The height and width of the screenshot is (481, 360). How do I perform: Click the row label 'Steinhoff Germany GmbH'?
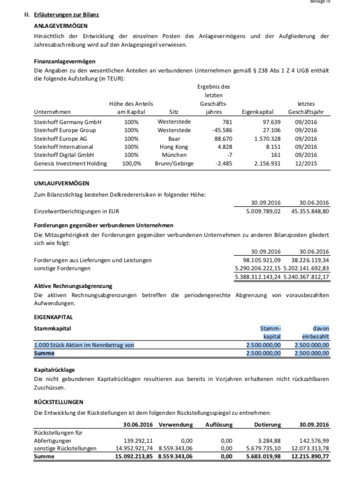click(x=68, y=123)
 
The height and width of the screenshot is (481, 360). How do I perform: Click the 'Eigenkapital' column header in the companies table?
click(x=258, y=112)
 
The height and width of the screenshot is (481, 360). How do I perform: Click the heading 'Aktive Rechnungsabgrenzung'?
click(x=73, y=286)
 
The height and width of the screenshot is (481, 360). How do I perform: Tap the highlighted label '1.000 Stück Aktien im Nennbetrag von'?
click(x=84, y=345)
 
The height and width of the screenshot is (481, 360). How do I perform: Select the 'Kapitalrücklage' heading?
click(x=55, y=370)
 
